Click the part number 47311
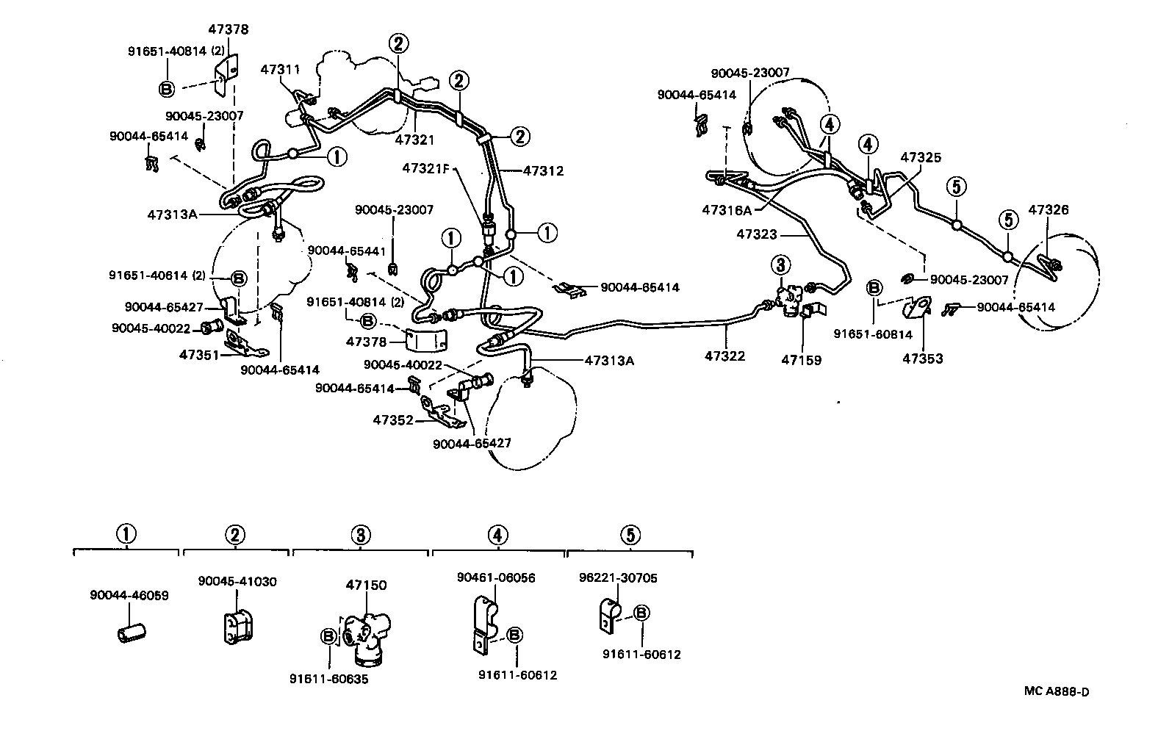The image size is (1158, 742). (x=281, y=69)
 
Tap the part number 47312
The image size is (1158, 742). (x=543, y=171)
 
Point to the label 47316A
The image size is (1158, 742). (x=727, y=210)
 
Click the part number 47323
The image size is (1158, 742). (x=756, y=234)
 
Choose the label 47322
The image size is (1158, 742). (x=724, y=356)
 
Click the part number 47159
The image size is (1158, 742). (x=801, y=360)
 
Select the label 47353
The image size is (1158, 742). (x=922, y=359)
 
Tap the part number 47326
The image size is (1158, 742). (x=1049, y=210)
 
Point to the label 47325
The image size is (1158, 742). (x=921, y=158)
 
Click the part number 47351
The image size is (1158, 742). (x=199, y=355)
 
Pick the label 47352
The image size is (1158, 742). (x=393, y=420)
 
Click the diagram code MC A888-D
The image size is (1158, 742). (x=1057, y=691)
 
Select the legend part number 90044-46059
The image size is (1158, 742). (x=129, y=595)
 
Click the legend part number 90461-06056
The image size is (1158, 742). (x=496, y=577)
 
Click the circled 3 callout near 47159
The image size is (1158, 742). (x=780, y=264)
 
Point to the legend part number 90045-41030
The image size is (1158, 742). (x=237, y=581)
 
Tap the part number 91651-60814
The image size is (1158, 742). (x=873, y=334)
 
